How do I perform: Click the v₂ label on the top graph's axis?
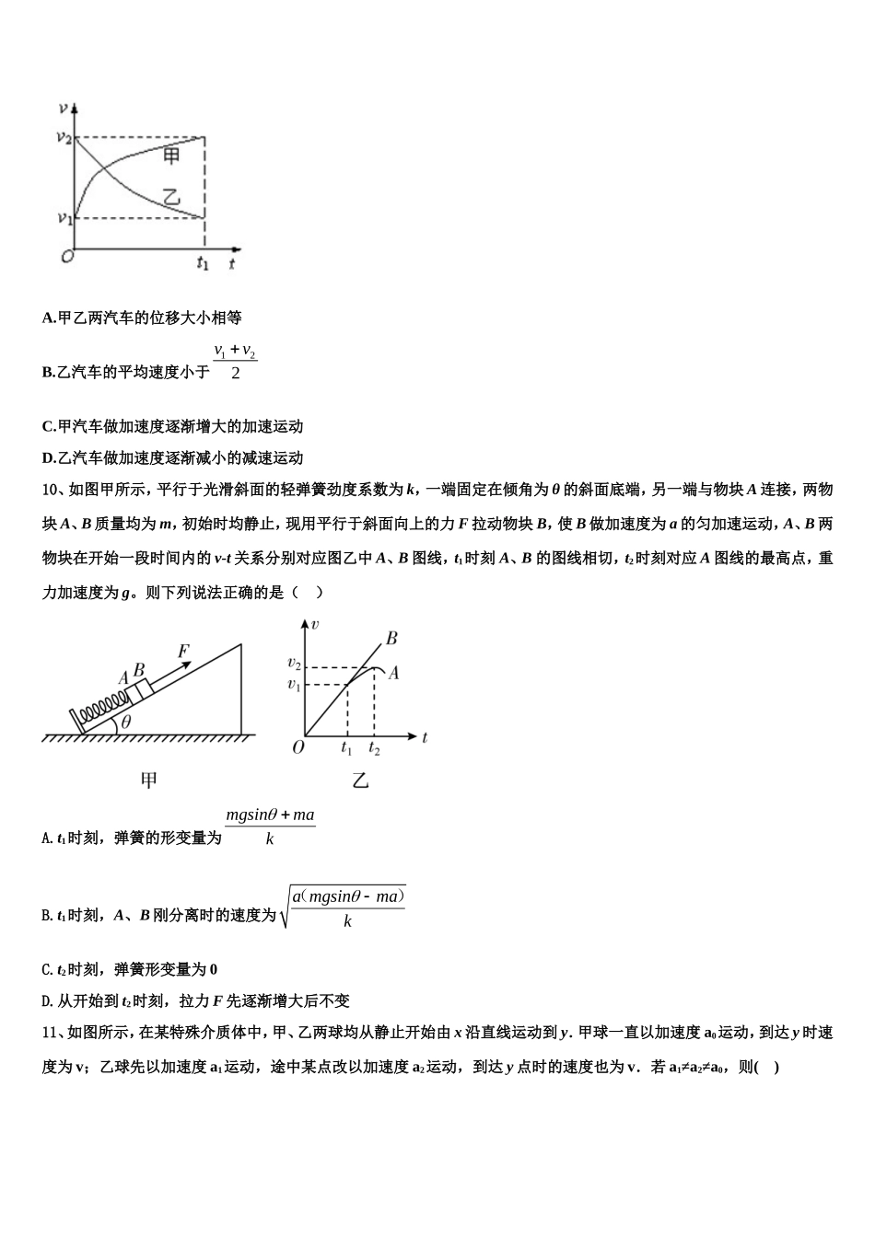click(x=64, y=137)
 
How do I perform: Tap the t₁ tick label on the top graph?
click(x=203, y=262)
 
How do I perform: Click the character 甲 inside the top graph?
click(x=171, y=156)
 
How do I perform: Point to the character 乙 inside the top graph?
click(x=171, y=197)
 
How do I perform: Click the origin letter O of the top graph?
click(x=66, y=257)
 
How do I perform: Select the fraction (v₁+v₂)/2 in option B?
click(x=235, y=362)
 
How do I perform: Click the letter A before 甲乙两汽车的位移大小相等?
click(x=48, y=318)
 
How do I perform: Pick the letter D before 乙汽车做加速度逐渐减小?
click(x=48, y=458)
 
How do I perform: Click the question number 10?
click(x=51, y=490)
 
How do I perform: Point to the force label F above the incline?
click(x=183, y=652)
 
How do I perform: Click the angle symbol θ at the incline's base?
click(x=126, y=723)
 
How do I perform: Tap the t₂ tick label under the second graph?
click(x=374, y=748)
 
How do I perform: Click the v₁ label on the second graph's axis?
click(x=294, y=684)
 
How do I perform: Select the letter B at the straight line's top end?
click(x=391, y=637)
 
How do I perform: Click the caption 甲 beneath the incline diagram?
click(x=148, y=780)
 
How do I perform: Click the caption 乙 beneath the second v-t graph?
click(x=360, y=780)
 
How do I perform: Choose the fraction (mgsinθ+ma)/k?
click(x=270, y=827)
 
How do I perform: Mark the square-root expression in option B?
click(x=344, y=907)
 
